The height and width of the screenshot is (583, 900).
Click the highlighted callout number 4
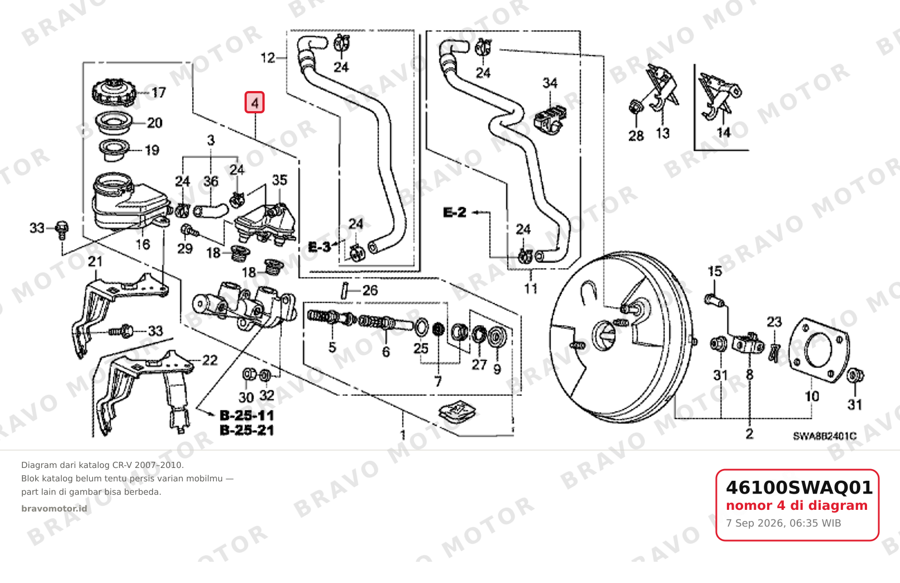pyautogui.click(x=255, y=102)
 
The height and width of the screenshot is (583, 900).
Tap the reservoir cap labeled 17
pyautogui.click(x=114, y=93)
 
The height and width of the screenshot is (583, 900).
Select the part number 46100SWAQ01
pyautogui.click(x=799, y=488)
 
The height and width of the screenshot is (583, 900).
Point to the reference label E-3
pyautogui.click(x=319, y=247)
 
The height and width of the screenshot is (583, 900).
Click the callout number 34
pyautogui.click(x=549, y=83)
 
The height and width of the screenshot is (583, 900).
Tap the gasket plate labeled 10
pyautogui.click(x=819, y=350)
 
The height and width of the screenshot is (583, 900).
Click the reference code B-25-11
pyautogui.click(x=247, y=415)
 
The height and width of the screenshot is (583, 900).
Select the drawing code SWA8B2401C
pyautogui.click(x=825, y=436)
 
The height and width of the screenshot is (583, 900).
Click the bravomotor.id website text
pyautogui.click(x=54, y=508)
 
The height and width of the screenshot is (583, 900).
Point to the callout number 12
pyautogui.click(x=267, y=58)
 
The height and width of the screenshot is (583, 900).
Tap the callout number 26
pyautogui.click(x=370, y=290)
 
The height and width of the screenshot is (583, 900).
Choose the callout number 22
pyautogui.click(x=209, y=360)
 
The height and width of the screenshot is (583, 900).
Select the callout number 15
pyautogui.click(x=715, y=271)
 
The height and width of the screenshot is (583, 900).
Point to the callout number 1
pyautogui.click(x=403, y=434)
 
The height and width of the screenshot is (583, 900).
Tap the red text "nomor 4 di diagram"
pyautogui.click(x=797, y=505)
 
